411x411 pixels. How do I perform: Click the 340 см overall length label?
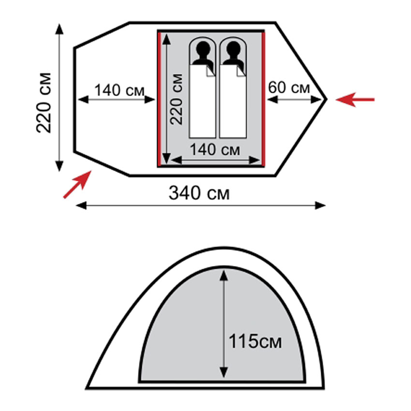[x=199, y=193]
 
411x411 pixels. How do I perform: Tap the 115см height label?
[x=255, y=341]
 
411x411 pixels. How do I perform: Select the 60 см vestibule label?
[x=289, y=88]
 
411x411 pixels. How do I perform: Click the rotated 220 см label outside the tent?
[x=44, y=103]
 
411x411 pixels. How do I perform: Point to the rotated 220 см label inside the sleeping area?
[x=176, y=99]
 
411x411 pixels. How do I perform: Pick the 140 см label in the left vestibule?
[x=119, y=90]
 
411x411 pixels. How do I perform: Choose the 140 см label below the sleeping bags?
[x=215, y=150]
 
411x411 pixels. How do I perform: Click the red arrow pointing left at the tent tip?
[x=355, y=100]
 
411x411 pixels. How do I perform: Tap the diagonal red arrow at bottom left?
[x=77, y=184]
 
